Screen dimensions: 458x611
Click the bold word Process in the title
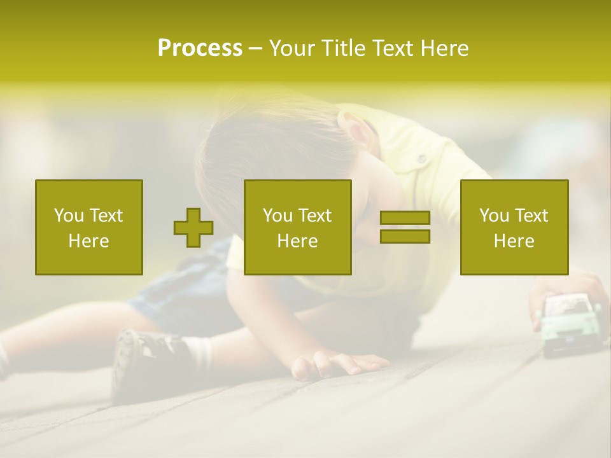(x=200, y=48)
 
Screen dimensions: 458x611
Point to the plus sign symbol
(x=193, y=227)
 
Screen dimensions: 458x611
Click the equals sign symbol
(x=405, y=227)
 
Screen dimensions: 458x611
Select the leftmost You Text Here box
(x=89, y=227)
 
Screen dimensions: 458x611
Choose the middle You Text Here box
(x=297, y=227)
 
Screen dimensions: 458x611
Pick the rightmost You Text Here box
(x=514, y=227)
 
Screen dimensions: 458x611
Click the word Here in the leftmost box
(x=89, y=241)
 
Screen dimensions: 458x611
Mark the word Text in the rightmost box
(x=531, y=216)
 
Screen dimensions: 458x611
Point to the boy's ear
(x=357, y=130)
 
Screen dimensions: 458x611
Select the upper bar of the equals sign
(x=405, y=218)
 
